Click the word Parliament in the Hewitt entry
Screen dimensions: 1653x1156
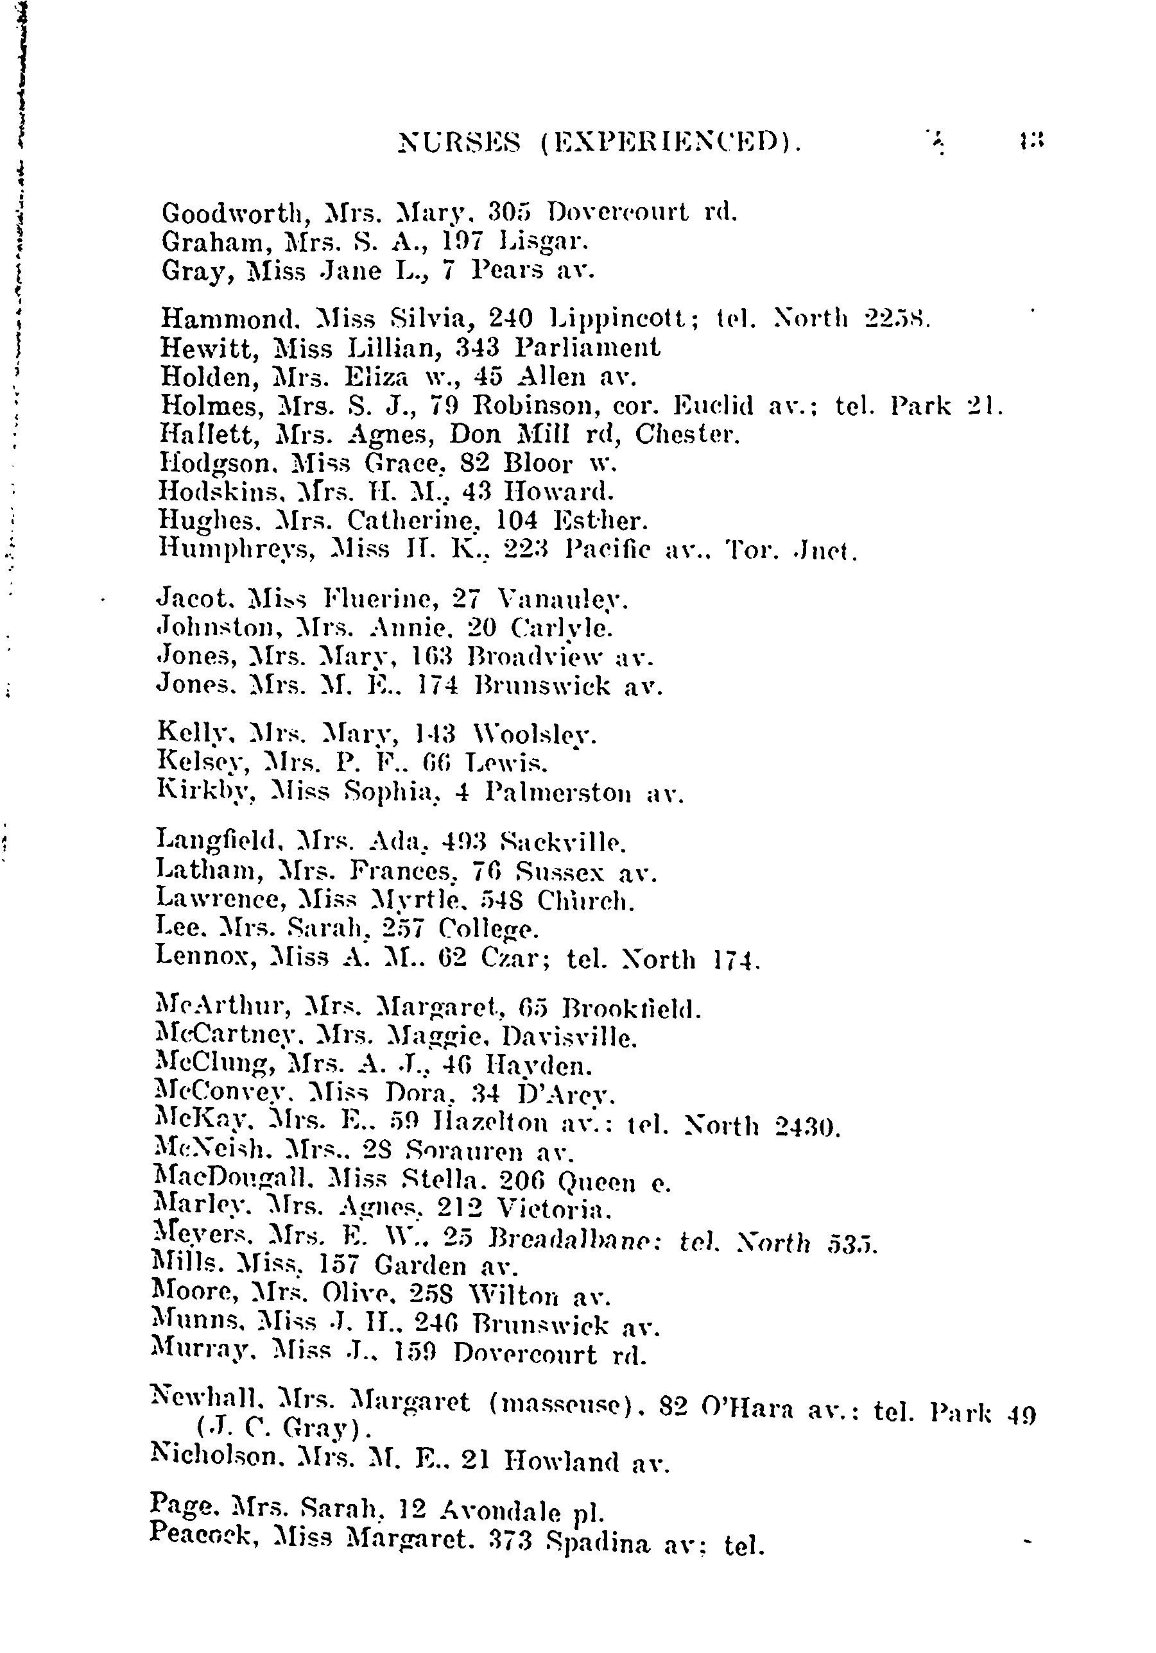click(x=587, y=348)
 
